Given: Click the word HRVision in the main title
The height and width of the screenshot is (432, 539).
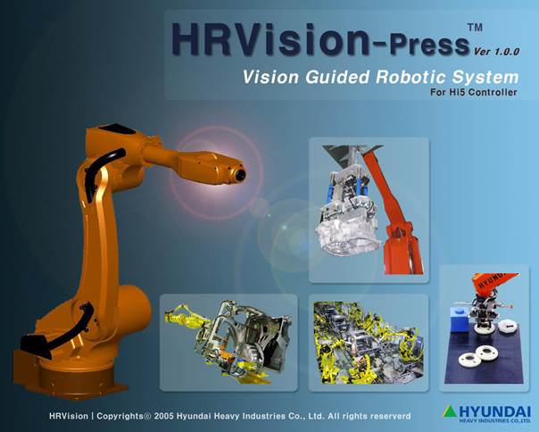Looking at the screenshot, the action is (x=270, y=39).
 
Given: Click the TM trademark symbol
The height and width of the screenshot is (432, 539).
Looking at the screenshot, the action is (x=475, y=27).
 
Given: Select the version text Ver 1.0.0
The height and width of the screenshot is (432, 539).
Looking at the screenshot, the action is (x=496, y=52).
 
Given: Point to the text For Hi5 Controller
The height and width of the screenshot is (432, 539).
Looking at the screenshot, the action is (x=473, y=92).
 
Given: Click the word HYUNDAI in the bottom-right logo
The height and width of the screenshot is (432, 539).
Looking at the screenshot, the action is (x=494, y=411).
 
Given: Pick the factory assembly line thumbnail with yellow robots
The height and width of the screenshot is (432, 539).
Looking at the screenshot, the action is (x=369, y=342).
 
